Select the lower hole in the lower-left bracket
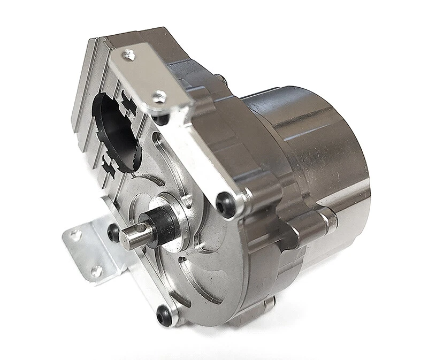point(97,271)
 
